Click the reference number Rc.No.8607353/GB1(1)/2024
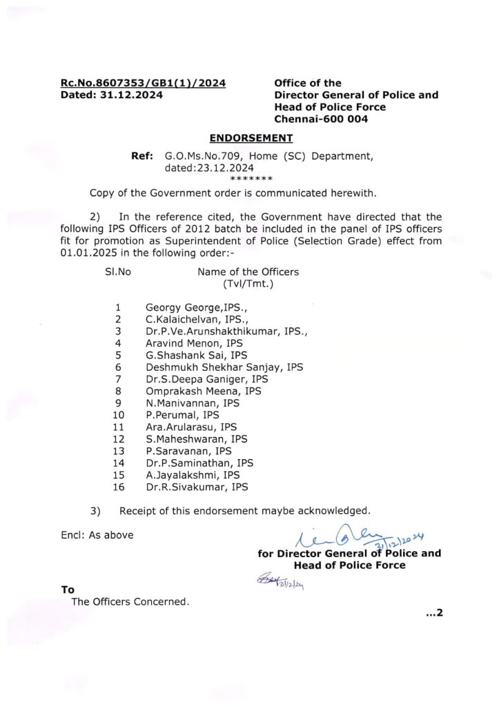point(143,84)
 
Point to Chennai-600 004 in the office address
point(321,119)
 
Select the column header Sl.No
point(118,272)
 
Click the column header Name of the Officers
point(248,272)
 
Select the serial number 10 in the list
point(118,415)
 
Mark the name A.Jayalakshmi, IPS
point(193,475)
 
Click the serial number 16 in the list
point(118,487)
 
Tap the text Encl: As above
point(97,535)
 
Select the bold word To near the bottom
point(68,590)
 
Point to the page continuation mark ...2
point(433,612)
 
